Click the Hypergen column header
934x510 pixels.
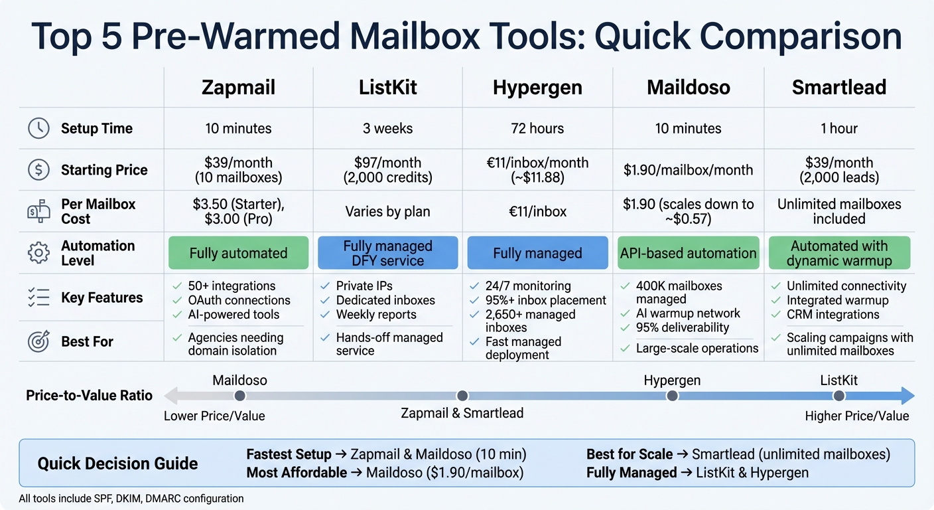(537, 88)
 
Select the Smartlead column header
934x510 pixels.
(839, 88)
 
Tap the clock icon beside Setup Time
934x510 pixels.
(38, 128)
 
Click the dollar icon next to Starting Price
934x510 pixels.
(38, 169)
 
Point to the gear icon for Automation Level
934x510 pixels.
(38, 253)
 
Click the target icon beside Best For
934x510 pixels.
(38, 341)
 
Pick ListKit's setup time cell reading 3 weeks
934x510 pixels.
(387, 128)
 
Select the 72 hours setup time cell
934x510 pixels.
(537, 128)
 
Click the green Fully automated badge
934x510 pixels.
(238, 253)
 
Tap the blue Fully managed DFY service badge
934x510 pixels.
(388, 253)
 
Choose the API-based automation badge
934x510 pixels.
(688, 253)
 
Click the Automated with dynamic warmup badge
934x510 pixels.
(839, 253)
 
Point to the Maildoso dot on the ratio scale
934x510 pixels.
(240, 396)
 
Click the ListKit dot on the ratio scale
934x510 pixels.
(839, 396)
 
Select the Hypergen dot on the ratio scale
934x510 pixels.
(672, 396)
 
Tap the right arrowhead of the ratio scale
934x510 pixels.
(907, 396)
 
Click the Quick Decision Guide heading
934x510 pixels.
(117, 463)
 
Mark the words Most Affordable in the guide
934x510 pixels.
(297, 473)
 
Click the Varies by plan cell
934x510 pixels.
(387, 212)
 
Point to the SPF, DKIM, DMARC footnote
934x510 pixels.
(131, 498)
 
